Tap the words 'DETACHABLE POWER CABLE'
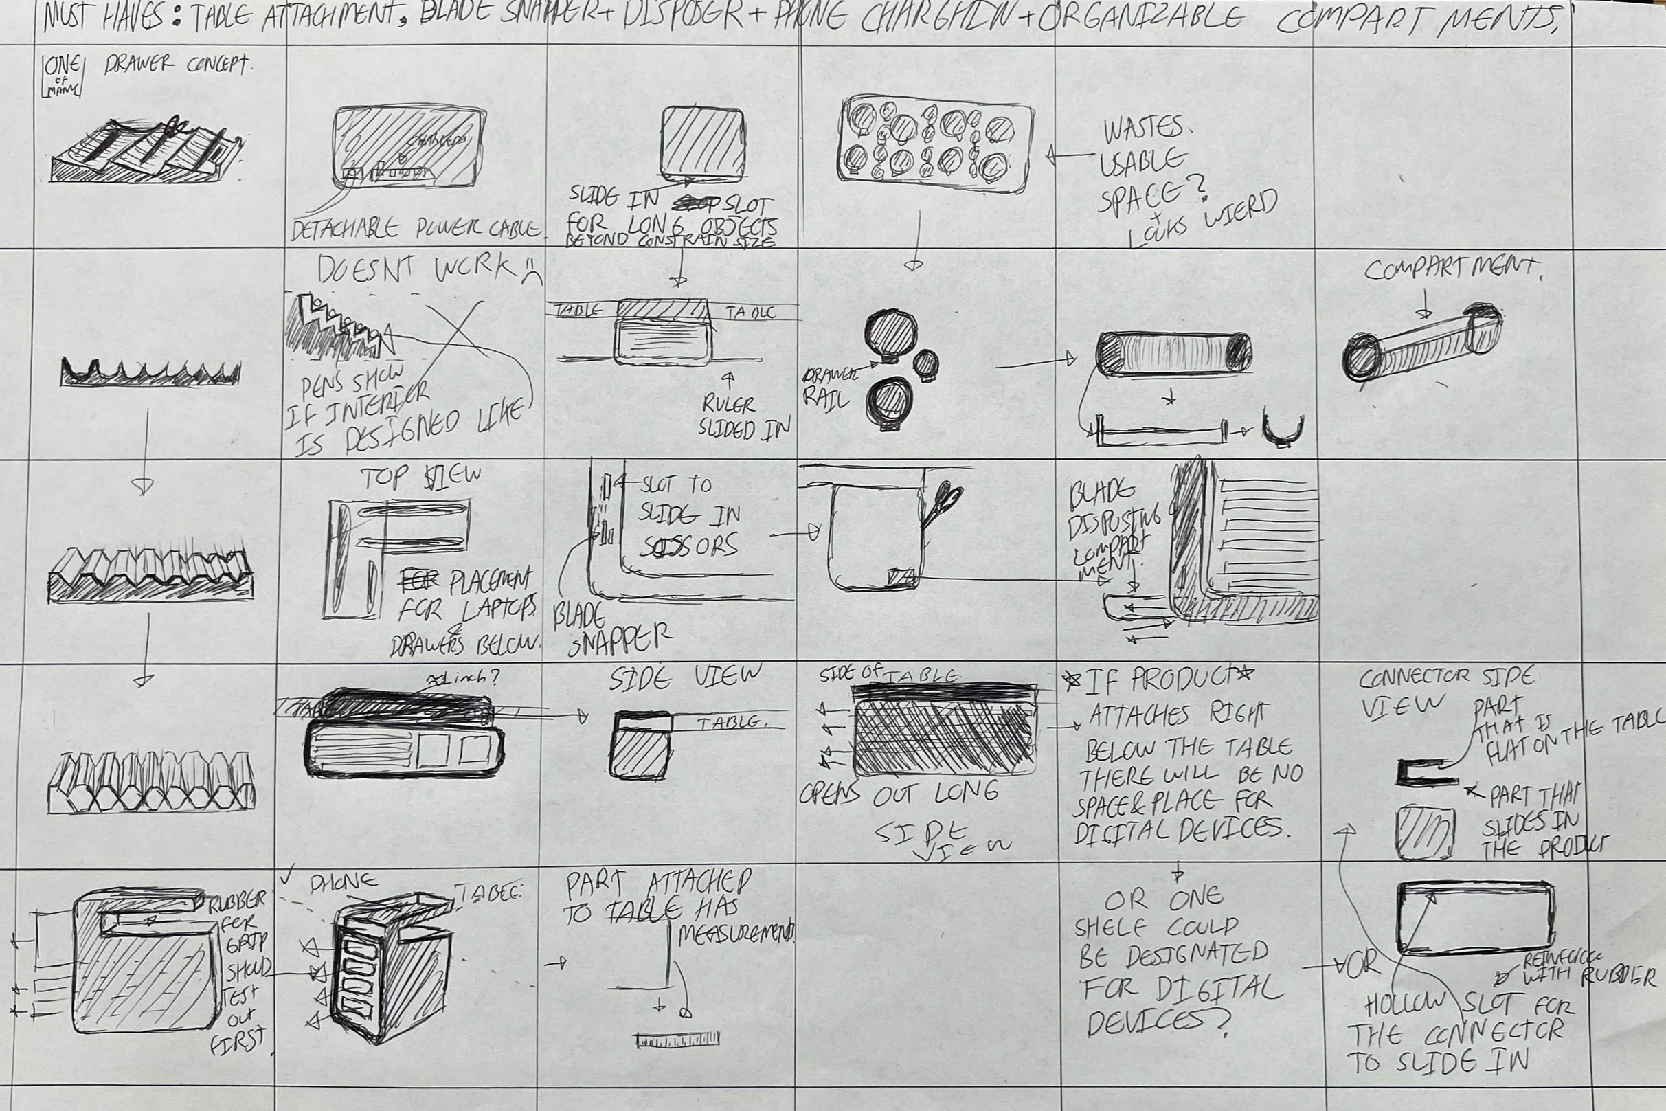416,229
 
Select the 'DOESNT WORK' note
425,269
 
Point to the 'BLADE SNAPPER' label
609,629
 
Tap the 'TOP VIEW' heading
420,476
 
